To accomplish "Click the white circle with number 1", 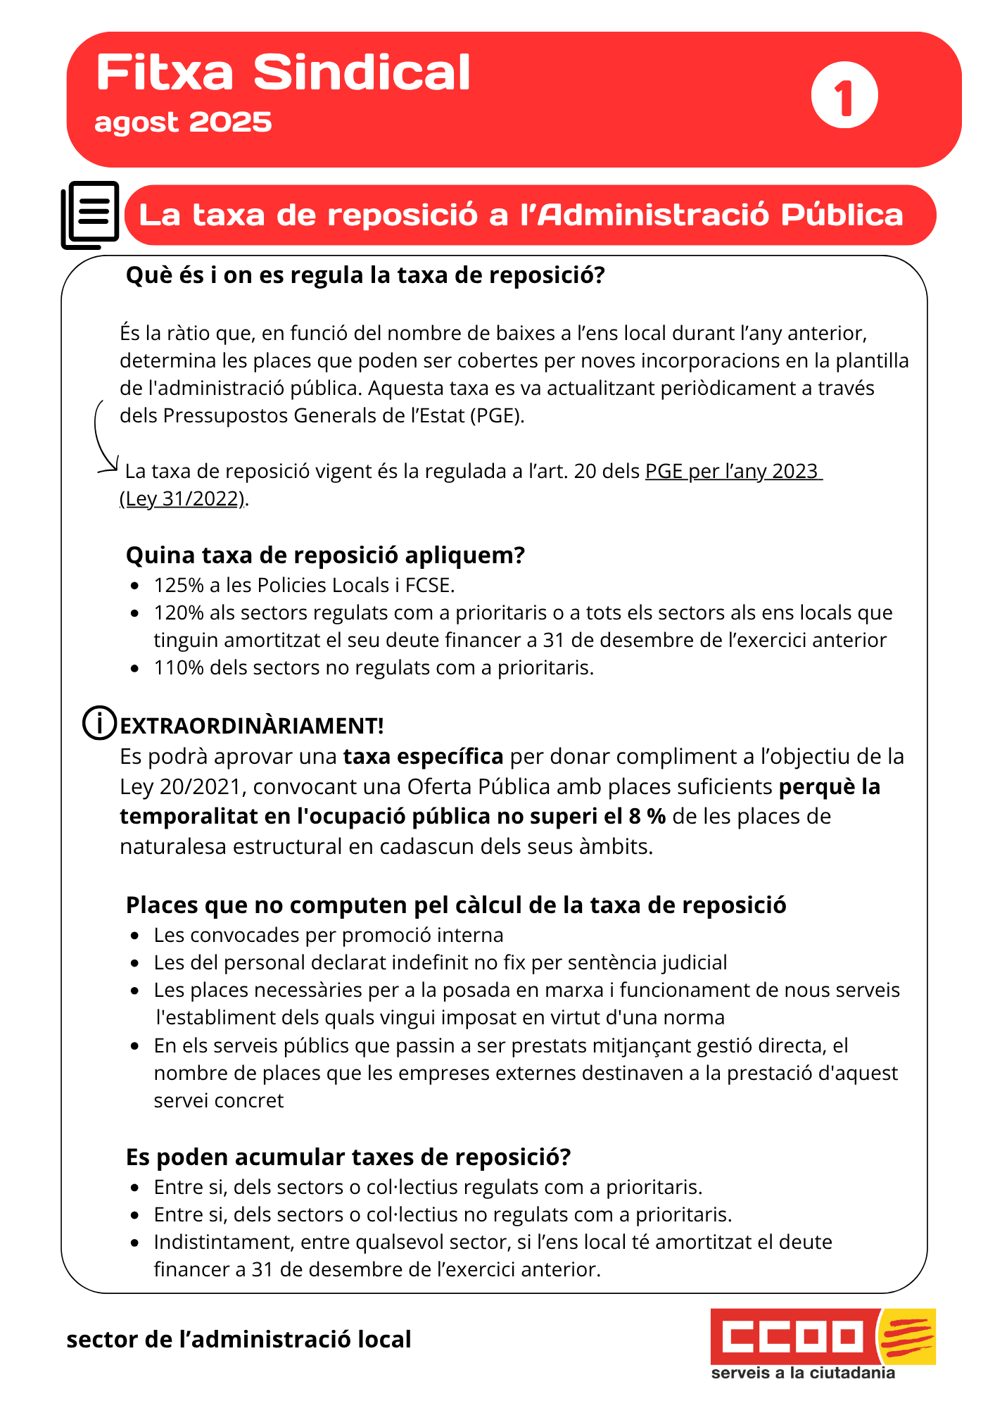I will (x=844, y=95).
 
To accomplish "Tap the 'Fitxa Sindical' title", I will (x=283, y=73).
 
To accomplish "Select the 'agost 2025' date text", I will (x=183, y=122).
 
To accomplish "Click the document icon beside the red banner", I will (x=90, y=215).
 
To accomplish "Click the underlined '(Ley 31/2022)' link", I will (x=183, y=499).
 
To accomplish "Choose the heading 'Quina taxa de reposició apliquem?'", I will (x=325, y=555).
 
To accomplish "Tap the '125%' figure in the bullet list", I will (x=179, y=585).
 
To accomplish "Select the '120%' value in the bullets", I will (x=179, y=612).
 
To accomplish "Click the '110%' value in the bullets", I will (x=179, y=667).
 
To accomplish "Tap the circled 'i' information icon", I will (x=99, y=723).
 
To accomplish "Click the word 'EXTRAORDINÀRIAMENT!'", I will (x=252, y=726).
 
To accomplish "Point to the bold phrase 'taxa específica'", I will (x=423, y=757).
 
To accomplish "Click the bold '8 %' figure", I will (x=647, y=817).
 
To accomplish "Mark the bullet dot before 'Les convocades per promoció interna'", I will (x=135, y=936).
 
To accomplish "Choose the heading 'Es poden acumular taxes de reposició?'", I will (x=348, y=1157).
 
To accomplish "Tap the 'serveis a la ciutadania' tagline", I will (x=803, y=1374).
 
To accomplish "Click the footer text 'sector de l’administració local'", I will (x=239, y=1340).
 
